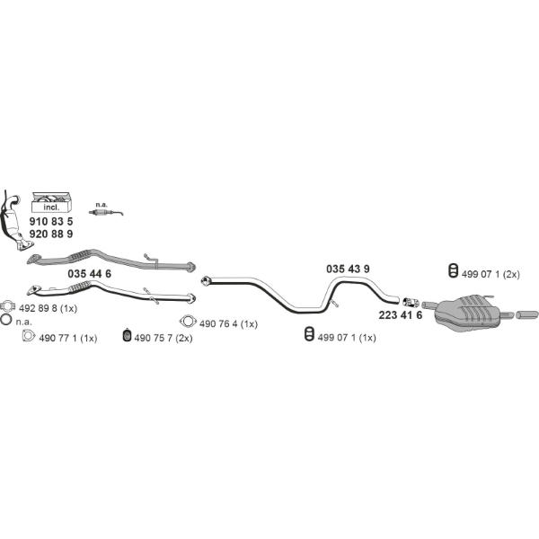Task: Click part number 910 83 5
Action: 51,221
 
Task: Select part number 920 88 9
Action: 51,234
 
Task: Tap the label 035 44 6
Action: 89,274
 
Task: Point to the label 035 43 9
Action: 348,269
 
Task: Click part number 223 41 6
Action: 401,315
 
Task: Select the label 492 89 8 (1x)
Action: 49,308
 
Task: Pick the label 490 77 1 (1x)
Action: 68,339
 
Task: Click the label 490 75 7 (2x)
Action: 163,339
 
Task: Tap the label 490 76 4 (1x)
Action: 228,323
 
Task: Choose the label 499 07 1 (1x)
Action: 347,338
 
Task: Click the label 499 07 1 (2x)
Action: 490,274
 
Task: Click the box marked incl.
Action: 52,202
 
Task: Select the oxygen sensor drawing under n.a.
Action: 105,212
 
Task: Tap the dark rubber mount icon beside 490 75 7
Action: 128,335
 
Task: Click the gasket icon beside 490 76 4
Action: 188,322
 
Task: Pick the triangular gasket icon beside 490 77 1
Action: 29,335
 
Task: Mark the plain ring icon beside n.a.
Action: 6,320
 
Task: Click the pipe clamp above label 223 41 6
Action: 411,303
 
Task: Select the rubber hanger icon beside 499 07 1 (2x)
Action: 454,270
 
